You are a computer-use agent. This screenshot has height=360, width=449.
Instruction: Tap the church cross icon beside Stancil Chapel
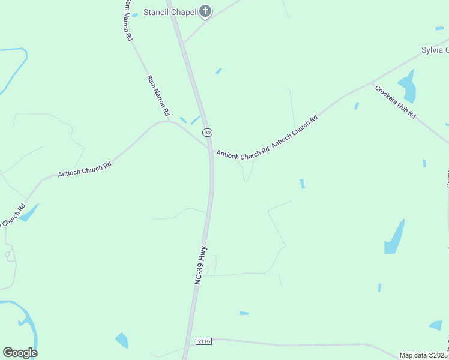[x=205, y=11]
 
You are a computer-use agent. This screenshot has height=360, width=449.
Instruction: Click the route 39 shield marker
[x=207, y=132]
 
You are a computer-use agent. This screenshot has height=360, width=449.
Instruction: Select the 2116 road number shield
[x=204, y=341]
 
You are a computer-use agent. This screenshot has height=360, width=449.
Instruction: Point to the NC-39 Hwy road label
[x=200, y=263]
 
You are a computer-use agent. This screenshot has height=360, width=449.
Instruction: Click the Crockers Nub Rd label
[x=395, y=101]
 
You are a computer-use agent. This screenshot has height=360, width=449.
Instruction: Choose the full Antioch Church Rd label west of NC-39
[x=85, y=169]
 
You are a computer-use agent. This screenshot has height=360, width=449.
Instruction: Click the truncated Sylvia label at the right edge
[x=435, y=50]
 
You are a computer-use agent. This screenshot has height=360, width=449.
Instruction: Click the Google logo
[x=20, y=352]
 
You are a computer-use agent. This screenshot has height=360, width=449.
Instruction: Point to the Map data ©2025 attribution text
[x=424, y=355]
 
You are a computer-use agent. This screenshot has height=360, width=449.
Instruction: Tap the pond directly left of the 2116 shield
[x=122, y=340]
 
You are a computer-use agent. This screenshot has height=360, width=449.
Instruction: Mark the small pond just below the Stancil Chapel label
[x=218, y=71]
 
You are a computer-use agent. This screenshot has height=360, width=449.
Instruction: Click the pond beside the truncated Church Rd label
[x=29, y=212]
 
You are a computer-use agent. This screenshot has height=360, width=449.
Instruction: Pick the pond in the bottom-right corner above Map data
[x=436, y=325]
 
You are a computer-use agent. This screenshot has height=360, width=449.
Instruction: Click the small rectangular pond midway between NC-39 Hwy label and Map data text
[x=244, y=313]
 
